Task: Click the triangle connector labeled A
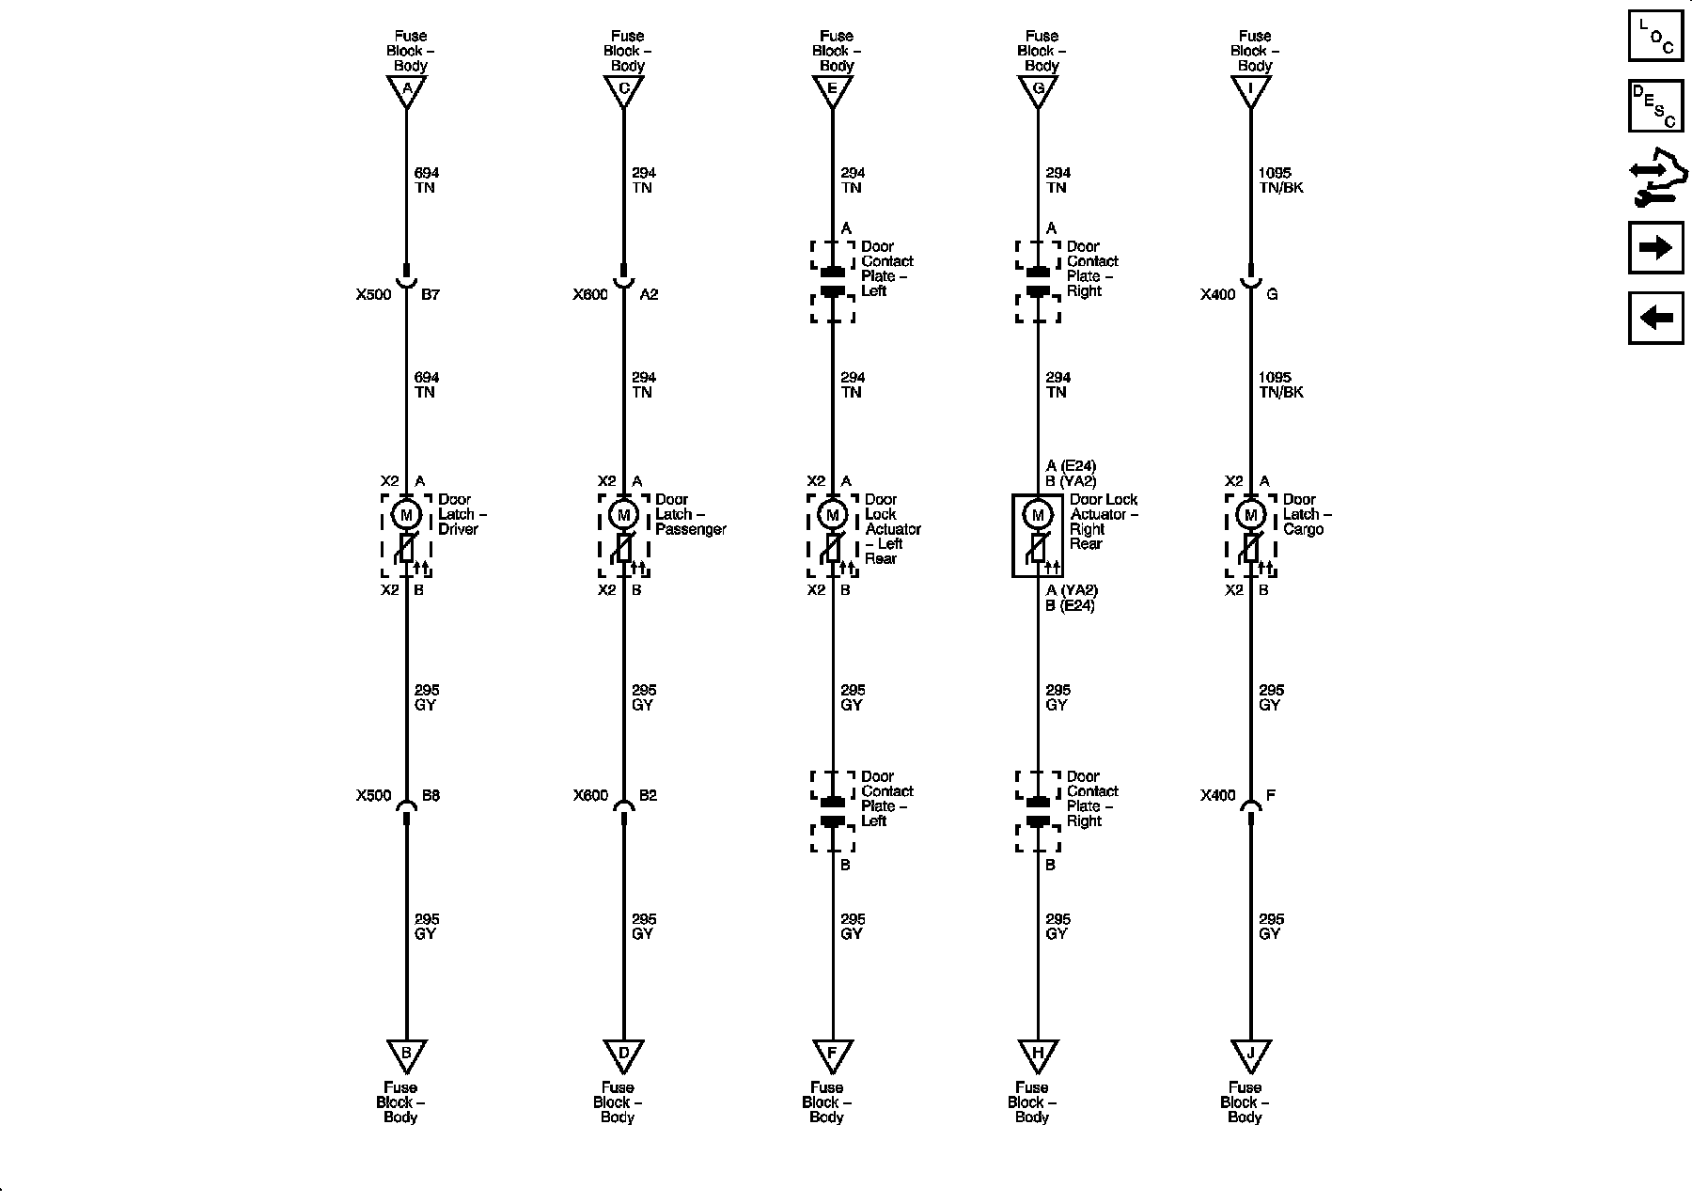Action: (406, 91)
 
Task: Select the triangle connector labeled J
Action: (1250, 1054)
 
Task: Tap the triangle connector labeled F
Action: (832, 1054)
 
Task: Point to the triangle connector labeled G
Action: (1038, 91)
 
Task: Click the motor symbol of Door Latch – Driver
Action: (406, 515)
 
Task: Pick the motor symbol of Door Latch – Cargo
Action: (1250, 515)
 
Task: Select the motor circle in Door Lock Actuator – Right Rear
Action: (1038, 515)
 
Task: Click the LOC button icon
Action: (1655, 36)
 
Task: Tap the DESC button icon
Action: (1655, 106)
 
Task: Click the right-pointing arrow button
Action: (1655, 248)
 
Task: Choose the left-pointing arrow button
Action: (1655, 318)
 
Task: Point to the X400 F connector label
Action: (1238, 795)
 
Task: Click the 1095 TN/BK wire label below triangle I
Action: (1280, 180)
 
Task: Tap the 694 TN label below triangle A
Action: (426, 180)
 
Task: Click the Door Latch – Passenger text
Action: (691, 514)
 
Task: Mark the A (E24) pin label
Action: (1071, 466)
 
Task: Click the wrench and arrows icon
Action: (1655, 180)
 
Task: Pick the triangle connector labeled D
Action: (623, 1054)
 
